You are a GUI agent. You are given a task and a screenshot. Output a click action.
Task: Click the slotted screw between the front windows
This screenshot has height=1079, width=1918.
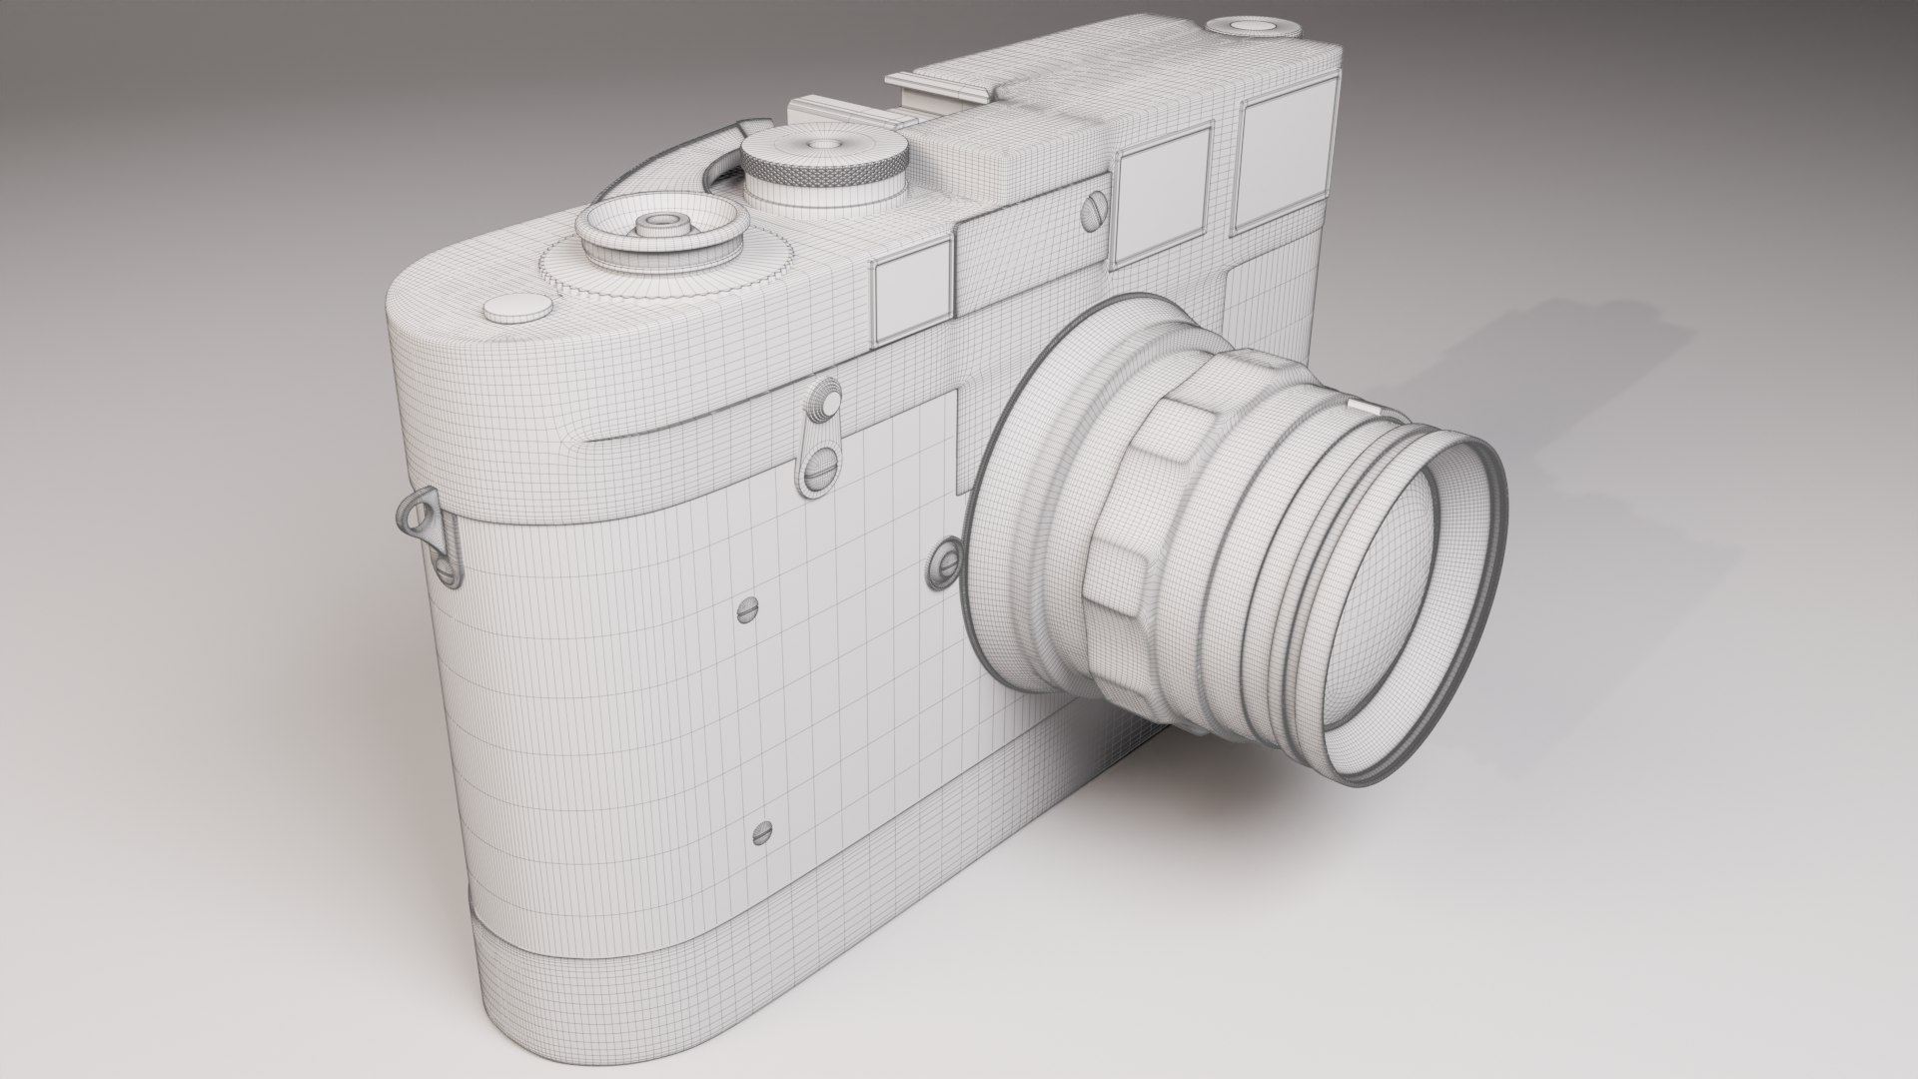[1094, 214]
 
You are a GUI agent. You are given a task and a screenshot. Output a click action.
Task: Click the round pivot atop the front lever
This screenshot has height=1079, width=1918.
[827, 400]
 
